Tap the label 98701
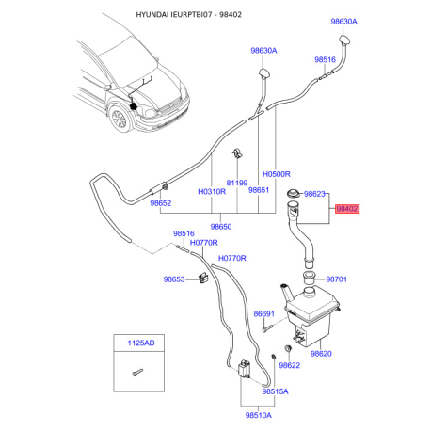click(337, 279)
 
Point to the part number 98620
click(323, 354)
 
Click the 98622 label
click(290, 365)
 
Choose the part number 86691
click(264, 314)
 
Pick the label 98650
click(222, 227)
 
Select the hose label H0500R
click(279, 174)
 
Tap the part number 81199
click(236, 183)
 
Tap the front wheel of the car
click(120, 121)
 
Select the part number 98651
click(259, 189)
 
